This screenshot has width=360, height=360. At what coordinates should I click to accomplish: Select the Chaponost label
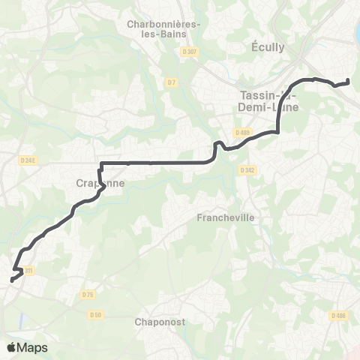[x=160, y=322]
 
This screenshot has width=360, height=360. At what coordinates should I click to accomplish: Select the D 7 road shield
[x=172, y=82]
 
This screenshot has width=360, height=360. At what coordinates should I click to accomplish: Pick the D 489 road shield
[x=241, y=133]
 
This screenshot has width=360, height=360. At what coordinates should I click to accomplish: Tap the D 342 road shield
[x=247, y=170]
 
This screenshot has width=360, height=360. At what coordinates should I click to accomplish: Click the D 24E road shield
[x=28, y=160]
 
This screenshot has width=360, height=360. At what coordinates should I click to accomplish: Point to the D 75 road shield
[x=88, y=295]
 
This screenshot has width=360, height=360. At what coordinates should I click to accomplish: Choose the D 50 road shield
[x=95, y=315]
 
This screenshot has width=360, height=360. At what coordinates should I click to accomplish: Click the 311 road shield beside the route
[x=28, y=270]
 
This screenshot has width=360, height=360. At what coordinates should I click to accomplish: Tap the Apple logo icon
[x=11, y=347]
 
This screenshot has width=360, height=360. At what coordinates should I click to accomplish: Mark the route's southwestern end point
[x=11, y=280]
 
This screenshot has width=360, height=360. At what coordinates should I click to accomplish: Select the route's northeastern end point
[x=349, y=81]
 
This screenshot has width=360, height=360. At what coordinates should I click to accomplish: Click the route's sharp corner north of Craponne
[x=100, y=163]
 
